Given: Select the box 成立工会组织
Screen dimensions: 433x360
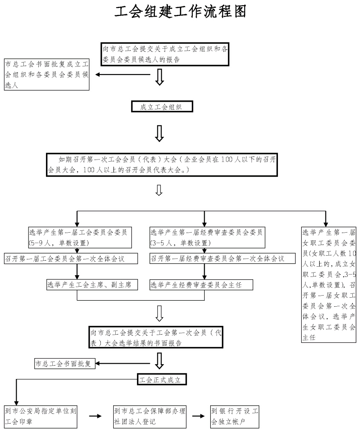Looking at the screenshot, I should click(x=162, y=107).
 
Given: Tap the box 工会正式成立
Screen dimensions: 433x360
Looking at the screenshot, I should click(x=162, y=379).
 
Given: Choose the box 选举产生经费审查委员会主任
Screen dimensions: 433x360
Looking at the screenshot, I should click(x=195, y=285).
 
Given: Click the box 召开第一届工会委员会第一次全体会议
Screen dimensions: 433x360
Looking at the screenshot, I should click(x=71, y=258).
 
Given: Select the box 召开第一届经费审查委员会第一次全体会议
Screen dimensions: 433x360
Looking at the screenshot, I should click(x=217, y=258).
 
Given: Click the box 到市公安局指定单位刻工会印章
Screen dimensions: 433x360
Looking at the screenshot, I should click(x=41, y=416).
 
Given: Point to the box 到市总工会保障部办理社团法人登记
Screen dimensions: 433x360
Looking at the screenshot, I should click(x=150, y=416).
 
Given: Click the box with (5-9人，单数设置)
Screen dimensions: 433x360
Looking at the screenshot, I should click(x=77, y=238).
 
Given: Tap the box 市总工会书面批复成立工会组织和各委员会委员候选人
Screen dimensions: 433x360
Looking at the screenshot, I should click(x=46, y=75).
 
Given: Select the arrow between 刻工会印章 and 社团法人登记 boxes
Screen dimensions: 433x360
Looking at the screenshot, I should click(x=95, y=416).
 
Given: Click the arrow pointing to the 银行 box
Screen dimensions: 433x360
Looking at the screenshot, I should click(x=198, y=416).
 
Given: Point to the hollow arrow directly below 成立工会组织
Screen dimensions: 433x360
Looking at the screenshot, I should click(x=160, y=133).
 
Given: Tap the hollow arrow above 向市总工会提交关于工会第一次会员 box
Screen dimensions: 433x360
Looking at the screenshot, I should click(x=160, y=313).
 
